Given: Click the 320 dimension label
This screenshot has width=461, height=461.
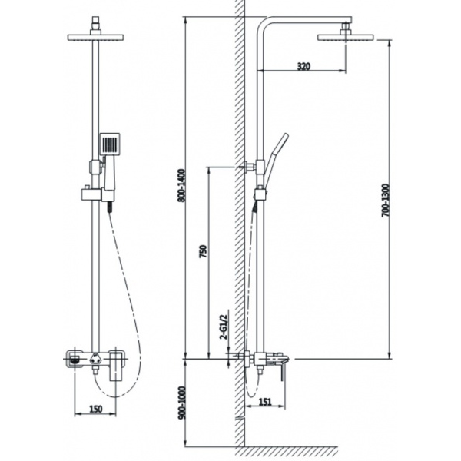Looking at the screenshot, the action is pos(303,66).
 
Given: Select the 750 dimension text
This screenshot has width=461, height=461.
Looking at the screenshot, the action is pos(203,251).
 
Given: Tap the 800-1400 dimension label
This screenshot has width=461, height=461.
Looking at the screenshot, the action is pos(182,185).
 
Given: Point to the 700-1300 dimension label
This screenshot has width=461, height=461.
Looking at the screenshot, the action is pos(385,201).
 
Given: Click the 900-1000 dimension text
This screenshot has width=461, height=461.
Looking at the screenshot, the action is pos(182,403).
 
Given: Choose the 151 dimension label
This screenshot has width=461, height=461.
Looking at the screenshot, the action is pos(265,402).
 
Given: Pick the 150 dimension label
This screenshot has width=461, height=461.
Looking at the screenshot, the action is pos(96,409).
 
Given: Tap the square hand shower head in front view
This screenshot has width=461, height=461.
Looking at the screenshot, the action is pos(110,144).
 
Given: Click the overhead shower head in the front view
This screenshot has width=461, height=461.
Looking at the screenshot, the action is pos(95,38).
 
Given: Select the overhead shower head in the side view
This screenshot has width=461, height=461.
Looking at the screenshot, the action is pos(346,38).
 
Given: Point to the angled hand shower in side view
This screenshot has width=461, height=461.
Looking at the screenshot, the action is pos(277,159).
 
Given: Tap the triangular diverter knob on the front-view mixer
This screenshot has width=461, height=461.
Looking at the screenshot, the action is pos(95,359).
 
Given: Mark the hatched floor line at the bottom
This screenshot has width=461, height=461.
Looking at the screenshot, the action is pos(287,451).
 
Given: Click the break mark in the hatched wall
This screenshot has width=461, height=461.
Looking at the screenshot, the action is pos(240,418).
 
